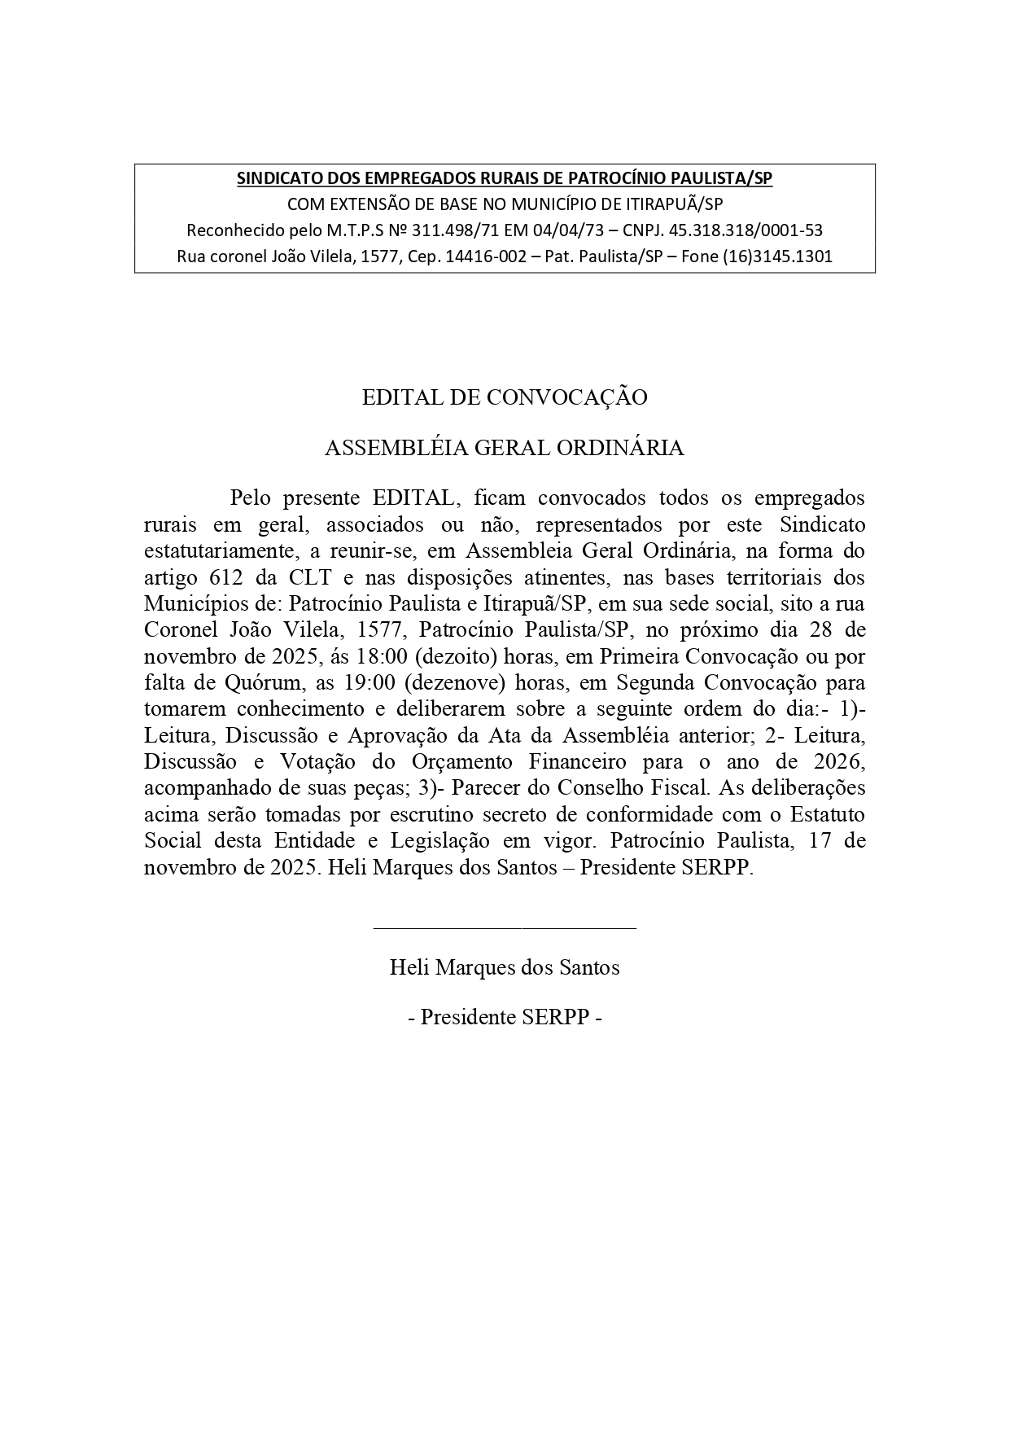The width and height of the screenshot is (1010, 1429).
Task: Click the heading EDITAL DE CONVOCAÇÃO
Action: [x=505, y=397]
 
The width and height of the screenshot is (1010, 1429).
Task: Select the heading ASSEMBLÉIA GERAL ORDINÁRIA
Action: [x=505, y=448]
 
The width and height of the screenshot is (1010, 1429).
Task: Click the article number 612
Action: [x=216, y=577]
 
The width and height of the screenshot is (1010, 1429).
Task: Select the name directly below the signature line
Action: [x=505, y=967]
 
